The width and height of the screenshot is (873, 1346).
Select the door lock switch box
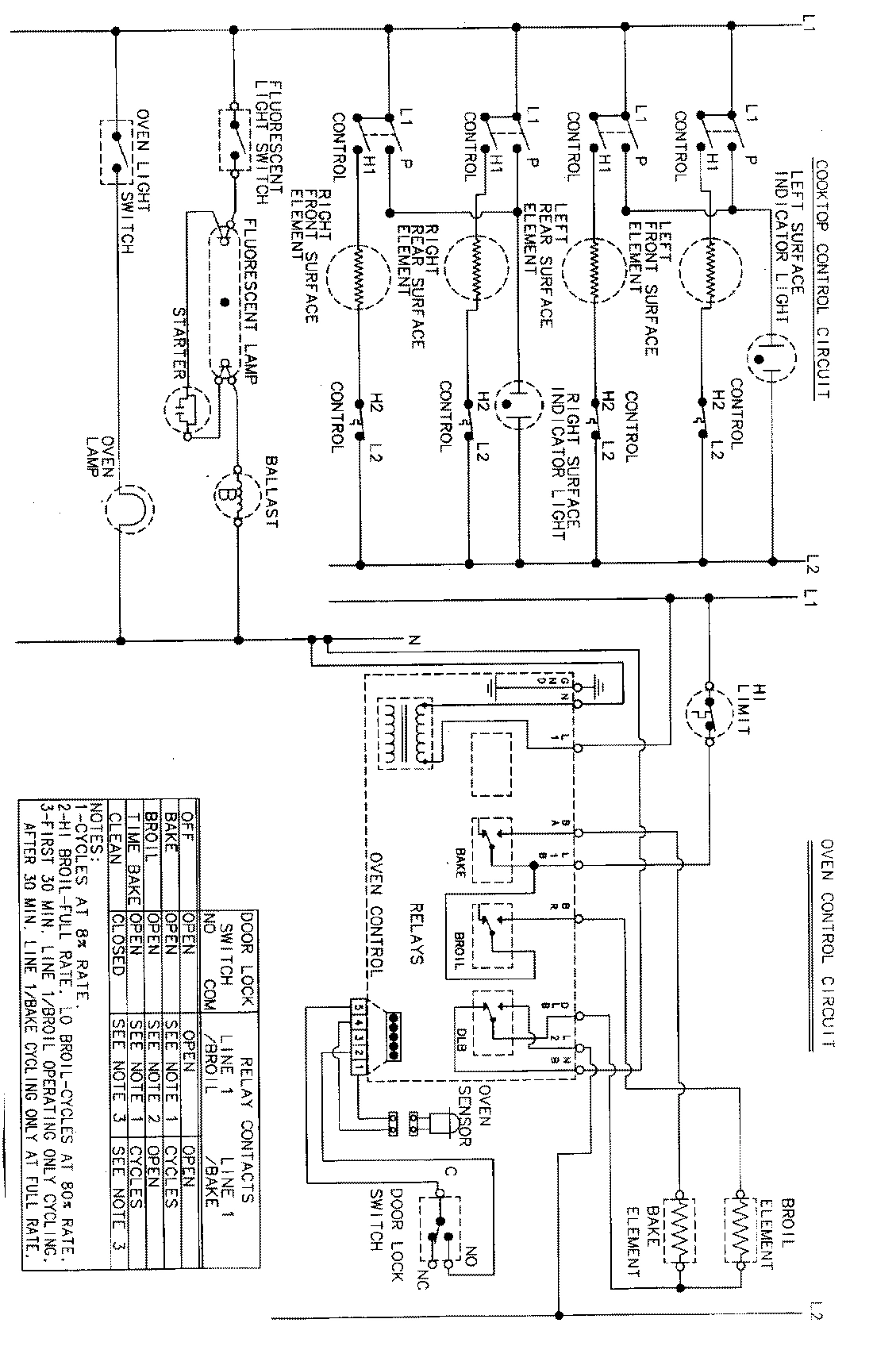(440, 1232)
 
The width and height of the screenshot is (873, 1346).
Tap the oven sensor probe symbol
(438, 1121)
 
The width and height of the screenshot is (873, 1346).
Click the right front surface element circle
(360, 275)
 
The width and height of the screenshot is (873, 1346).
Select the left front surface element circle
(594, 270)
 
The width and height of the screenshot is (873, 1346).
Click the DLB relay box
(492, 1023)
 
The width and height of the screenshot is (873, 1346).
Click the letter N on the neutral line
(413, 641)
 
